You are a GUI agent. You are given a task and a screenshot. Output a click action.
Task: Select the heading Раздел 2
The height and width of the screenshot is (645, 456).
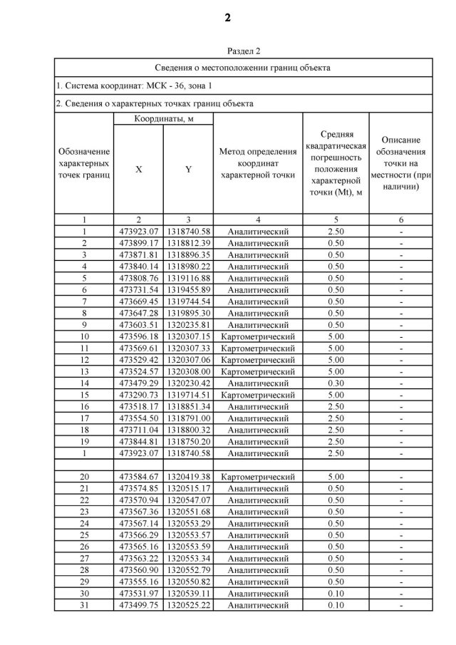point(244,51)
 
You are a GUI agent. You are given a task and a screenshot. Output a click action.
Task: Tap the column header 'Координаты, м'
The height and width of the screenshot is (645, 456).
point(163,118)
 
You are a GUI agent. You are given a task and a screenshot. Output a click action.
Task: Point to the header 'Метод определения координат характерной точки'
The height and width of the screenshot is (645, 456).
point(257,162)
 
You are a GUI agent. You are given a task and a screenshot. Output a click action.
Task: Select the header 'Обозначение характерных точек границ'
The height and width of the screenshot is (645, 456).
point(84,162)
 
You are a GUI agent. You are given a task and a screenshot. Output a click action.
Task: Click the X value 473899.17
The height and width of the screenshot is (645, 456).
point(138,243)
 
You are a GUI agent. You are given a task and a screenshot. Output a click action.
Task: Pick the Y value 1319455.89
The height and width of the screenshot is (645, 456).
point(188,289)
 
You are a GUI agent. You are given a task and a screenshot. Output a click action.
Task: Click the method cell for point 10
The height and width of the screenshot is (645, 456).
point(257,336)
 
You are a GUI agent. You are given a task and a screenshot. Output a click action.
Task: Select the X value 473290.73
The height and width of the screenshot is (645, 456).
point(138,394)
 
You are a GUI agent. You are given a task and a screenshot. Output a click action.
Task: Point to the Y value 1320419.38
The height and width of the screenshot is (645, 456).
point(188,477)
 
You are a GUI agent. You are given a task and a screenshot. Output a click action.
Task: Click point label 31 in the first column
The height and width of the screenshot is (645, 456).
point(84,605)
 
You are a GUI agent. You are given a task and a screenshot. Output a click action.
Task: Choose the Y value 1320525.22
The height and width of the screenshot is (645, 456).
point(188,605)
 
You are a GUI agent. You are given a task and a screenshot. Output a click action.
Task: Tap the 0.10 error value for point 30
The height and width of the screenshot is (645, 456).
point(335,593)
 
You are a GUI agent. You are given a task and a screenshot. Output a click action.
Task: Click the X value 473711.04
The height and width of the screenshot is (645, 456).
point(138,429)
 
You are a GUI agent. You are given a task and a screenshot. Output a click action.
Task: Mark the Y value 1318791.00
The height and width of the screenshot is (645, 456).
point(188,418)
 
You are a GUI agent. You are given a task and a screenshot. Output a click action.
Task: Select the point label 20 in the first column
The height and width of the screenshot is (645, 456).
point(84,477)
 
